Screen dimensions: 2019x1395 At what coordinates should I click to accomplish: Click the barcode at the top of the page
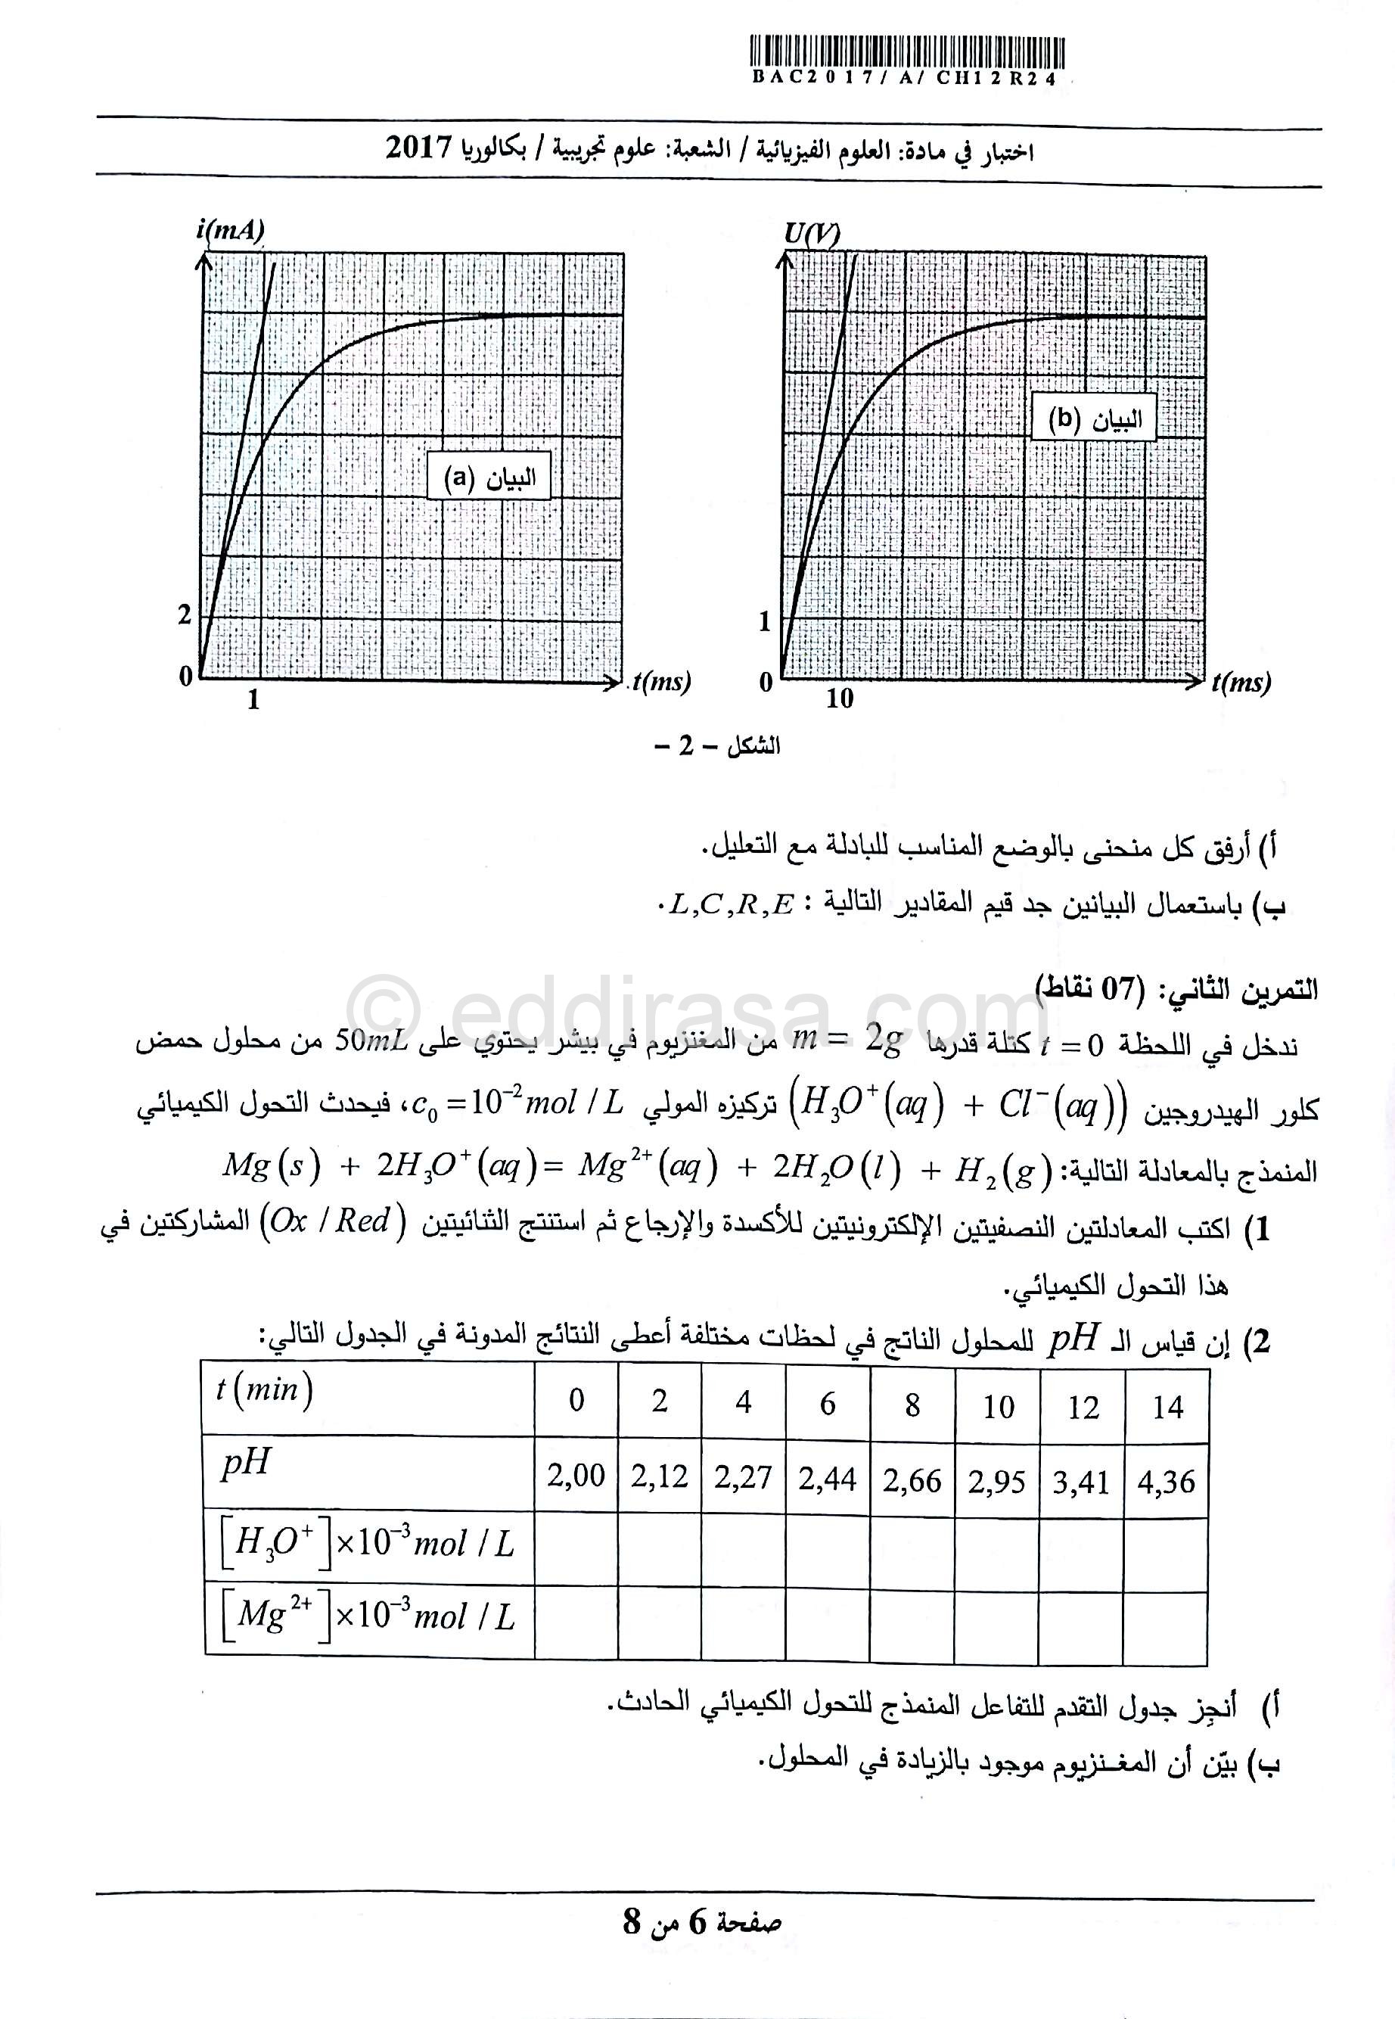pos(906,52)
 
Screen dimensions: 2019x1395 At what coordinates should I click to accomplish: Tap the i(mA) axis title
pos(230,230)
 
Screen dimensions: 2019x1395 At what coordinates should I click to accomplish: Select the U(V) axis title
pos(811,234)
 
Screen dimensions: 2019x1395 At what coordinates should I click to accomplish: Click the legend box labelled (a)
pos(489,477)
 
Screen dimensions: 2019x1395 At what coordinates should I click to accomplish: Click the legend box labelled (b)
pos(1093,420)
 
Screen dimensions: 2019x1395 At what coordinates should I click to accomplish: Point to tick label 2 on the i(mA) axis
pos(185,614)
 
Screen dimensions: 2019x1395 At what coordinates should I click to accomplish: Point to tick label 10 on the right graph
pos(839,698)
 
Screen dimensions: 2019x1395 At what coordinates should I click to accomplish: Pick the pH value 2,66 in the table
pos(912,1479)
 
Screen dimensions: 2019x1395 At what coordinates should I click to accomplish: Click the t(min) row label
pos(264,1389)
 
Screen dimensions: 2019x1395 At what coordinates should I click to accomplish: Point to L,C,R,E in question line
pos(731,905)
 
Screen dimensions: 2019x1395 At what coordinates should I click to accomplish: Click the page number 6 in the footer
pos(697,1923)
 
